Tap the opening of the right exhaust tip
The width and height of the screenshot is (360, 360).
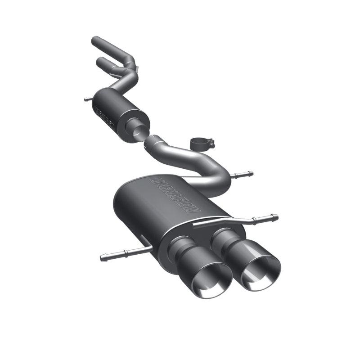point(261,273)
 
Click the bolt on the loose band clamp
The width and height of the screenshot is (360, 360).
point(211,144)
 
